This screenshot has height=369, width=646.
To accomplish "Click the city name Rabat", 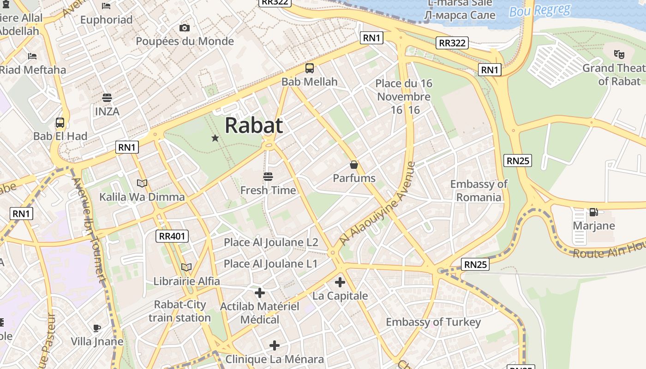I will click(254, 125).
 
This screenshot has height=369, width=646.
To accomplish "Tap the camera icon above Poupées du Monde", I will click(185, 28).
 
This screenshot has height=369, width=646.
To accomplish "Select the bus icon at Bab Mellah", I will click(310, 68).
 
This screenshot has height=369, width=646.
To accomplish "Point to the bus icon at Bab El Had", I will click(60, 123).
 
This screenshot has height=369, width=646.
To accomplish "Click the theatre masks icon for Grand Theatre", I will click(619, 54).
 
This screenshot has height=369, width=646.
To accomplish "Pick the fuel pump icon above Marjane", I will click(593, 212).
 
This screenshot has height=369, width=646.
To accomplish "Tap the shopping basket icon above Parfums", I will click(354, 165).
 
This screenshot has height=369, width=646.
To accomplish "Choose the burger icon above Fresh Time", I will click(268, 177).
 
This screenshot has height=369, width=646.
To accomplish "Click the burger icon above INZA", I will click(107, 98).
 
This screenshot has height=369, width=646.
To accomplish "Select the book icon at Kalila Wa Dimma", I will click(142, 184).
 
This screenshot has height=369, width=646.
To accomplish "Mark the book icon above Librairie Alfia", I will click(186, 268).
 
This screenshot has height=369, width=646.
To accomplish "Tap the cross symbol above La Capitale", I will click(340, 282).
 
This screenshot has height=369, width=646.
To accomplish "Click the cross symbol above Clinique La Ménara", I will click(275, 345).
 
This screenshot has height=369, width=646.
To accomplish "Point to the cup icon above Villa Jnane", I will click(97, 328).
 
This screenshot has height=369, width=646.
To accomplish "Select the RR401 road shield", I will click(172, 236).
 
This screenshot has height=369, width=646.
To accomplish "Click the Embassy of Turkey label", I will click(433, 322).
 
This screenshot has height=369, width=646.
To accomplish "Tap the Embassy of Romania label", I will click(479, 190).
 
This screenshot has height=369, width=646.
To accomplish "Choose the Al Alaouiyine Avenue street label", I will click(377, 203).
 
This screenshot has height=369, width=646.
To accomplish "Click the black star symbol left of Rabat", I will click(215, 138).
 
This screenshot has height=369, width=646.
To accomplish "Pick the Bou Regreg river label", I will click(540, 10).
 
